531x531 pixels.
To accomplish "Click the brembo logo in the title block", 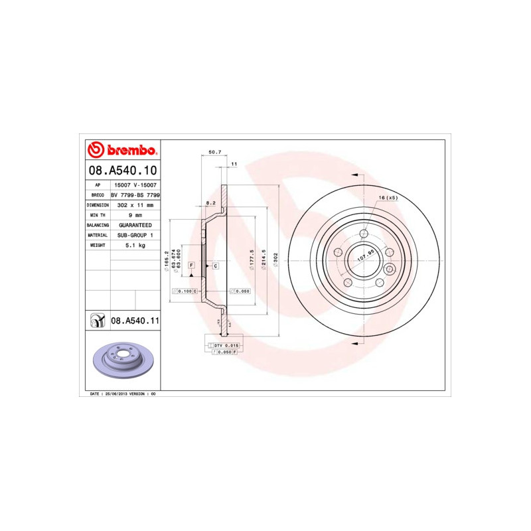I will [122, 149].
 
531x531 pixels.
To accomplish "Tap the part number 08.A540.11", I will [135, 321].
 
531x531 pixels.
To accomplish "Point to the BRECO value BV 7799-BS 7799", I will [135, 195].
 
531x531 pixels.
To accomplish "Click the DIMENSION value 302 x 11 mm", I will [135, 205].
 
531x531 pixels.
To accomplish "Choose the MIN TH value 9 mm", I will [135, 215].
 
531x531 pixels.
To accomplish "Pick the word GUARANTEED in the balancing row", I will [135, 225].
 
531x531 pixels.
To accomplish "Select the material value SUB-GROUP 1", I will [135, 235].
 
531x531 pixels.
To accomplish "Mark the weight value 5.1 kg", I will [135, 245].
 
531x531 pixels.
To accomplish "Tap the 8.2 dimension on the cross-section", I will [210, 202].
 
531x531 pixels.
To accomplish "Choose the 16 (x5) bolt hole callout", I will [388, 198].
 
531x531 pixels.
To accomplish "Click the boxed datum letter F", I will [191, 265].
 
